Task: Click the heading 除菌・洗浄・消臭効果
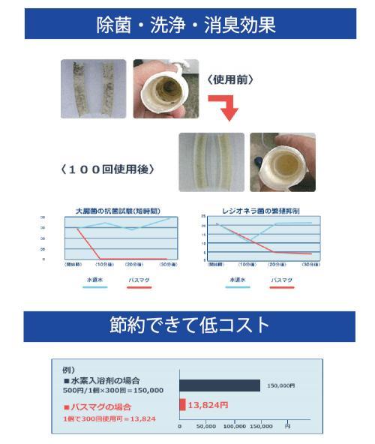pyautogui.click(x=187, y=24)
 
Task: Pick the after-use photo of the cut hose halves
pyautogui.click(x=211, y=161)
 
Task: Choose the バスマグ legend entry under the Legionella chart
pyautogui.click(x=283, y=278)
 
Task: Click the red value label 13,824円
pyautogui.click(x=208, y=405)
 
